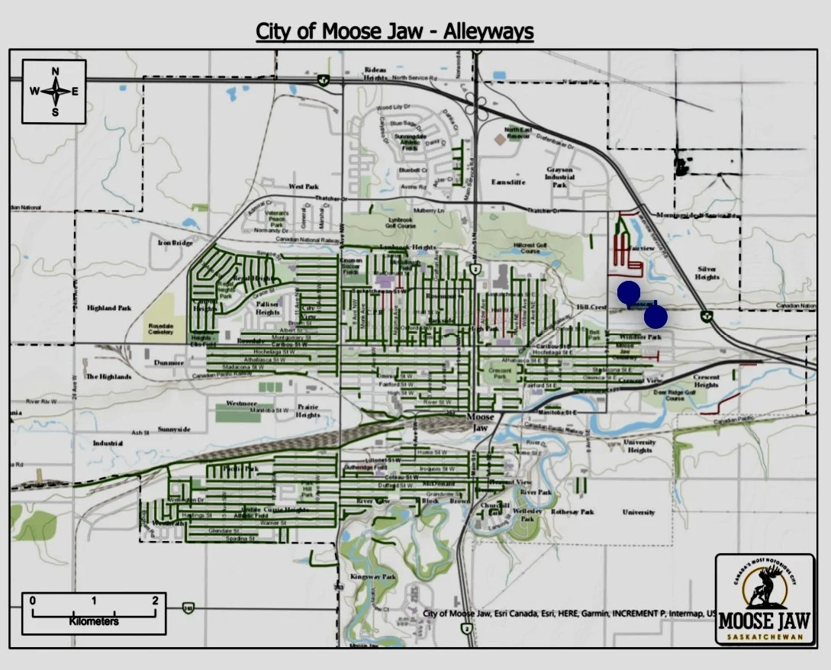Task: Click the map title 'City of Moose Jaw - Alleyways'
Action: [x=395, y=31]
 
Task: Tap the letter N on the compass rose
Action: [x=55, y=72]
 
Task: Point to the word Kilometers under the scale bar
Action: [x=94, y=621]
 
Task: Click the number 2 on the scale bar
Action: [x=155, y=601]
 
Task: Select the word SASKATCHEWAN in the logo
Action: [x=765, y=636]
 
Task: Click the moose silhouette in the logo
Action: [x=763, y=586]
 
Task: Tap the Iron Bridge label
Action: [x=176, y=243]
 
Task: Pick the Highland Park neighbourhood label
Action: [x=109, y=308]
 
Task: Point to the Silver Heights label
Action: [x=707, y=273]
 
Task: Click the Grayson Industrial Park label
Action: [x=559, y=177]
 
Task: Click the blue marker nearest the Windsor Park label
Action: [x=655, y=316]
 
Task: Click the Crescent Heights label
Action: [x=706, y=381]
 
